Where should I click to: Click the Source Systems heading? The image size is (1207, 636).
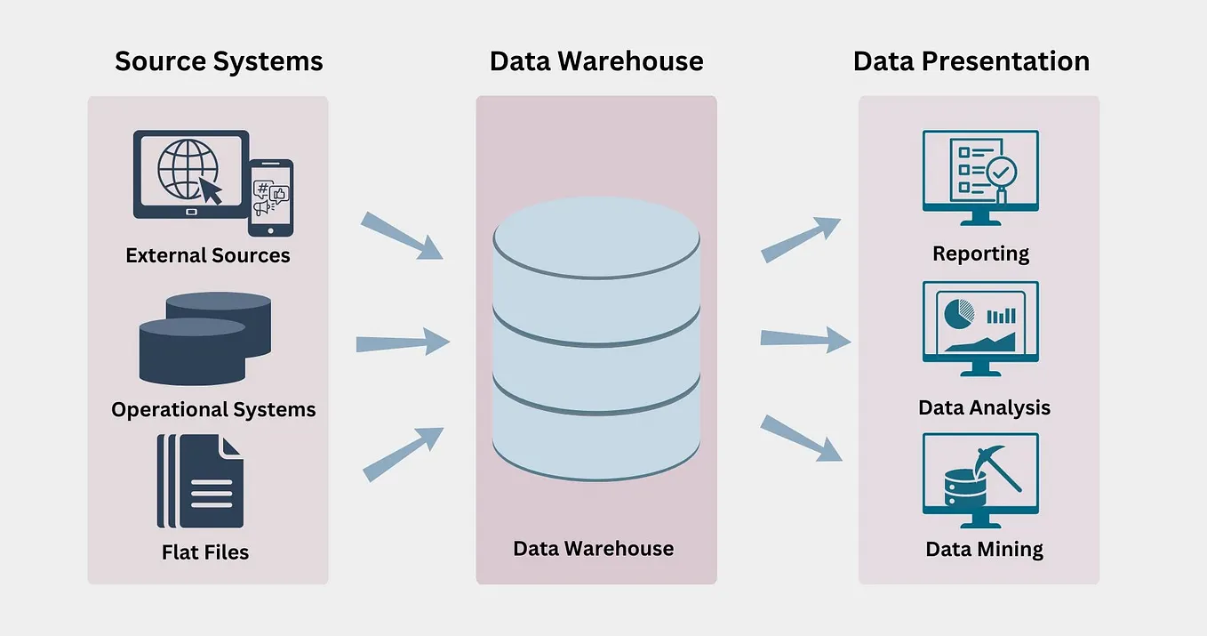(219, 61)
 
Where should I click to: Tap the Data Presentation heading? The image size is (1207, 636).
(971, 61)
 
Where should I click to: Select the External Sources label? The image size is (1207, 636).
(208, 256)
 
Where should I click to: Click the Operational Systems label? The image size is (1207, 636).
(213, 410)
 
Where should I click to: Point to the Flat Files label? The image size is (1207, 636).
(205, 552)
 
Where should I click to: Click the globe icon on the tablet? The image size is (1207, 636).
(188, 168)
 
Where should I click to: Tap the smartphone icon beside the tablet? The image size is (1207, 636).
(270, 197)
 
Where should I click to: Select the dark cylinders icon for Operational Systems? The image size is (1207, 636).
(205, 338)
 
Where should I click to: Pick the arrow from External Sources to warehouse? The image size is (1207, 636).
(402, 236)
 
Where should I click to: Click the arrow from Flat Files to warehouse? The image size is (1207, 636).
(404, 454)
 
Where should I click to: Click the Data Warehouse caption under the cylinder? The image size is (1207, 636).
(594, 548)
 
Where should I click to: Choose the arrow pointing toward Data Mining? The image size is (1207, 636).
(801, 438)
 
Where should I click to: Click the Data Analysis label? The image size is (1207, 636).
(984, 408)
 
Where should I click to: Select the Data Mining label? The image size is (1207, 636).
(984, 549)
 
